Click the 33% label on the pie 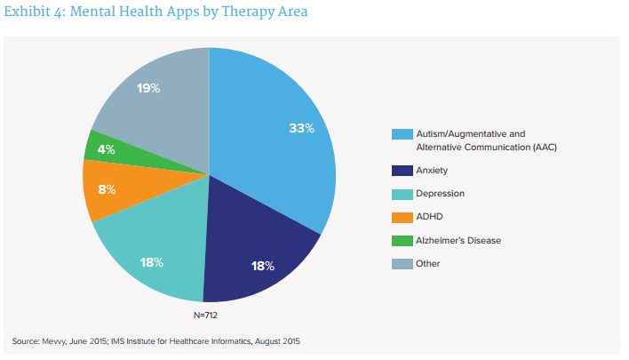(x=302, y=128)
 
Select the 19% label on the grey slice (x=148, y=88)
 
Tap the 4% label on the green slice (x=106, y=149)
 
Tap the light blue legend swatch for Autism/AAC (x=402, y=135)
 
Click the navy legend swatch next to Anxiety (x=402, y=169)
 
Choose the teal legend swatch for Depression (x=402, y=193)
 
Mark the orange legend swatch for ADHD (x=402, y=216)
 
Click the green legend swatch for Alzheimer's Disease (x=402, y=240)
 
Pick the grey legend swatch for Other (x=402, y=263)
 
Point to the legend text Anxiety (x=433, y=169)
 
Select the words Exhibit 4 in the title (x=34, y=13)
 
